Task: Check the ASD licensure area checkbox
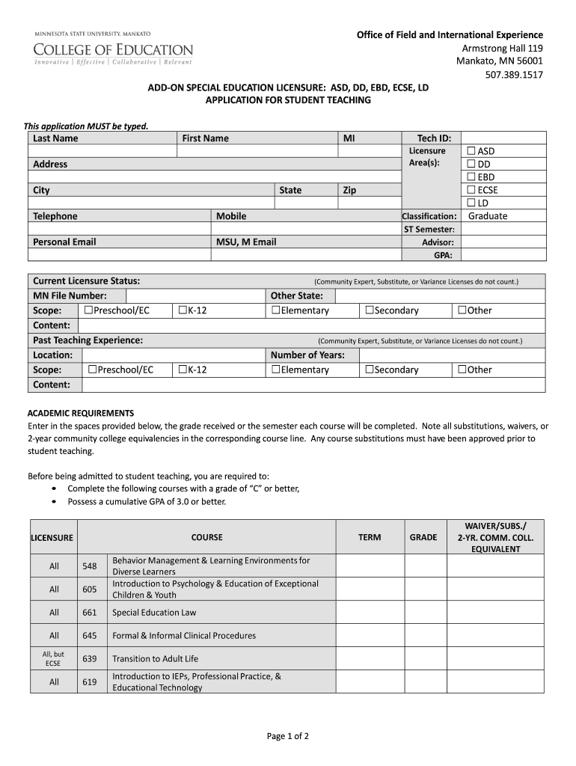pyautogui.click(x=472, y=151)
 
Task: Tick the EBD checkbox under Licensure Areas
pyautogui.click(x=472, y=177)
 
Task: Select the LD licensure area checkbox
pyautogui.click(x=472, y=203)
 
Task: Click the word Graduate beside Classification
pyautogui.click(x=487, y=216)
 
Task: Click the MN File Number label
pyautogui.click(x=70, y=295)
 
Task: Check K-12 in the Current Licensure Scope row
pyautogui.click(x=183, y=310)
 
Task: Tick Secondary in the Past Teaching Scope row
pyautogui.click(x=369, y=370)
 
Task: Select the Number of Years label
pyautogui.click(x=307, y=355)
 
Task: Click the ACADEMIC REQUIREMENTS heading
pyautogui.click(x=81, y=413)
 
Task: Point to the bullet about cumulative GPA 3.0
pyautogui.click(x=146, y=501)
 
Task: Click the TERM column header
pyautogui.click(x=370, y=537)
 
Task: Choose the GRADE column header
pyautogui.click(x=423, y=537)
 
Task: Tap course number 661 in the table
pyautogui.click(x=90, y=613)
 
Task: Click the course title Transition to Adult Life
pyautogui.click(x=155, y=659)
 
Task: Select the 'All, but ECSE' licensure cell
pyautogui.click(x=53, y=658)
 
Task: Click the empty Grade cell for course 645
pyautogui.click(x=423, y=636)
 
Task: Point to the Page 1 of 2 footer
pyautogui.click(x=288, y=736)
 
